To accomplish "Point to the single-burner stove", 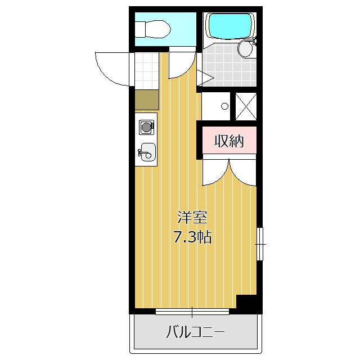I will tap(146, 127).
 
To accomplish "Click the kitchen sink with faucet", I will tap(147, 152).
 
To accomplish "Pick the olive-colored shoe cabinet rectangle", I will tap(146, 100).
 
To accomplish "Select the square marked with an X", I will tap(245, 105).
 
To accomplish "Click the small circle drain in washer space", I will tap(224, 106).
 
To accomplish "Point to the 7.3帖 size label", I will tap(192, 237).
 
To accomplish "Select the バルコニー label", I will tap(195, 331).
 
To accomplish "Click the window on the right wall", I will tap(259, 244).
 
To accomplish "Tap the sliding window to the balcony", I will tap(191, 310).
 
